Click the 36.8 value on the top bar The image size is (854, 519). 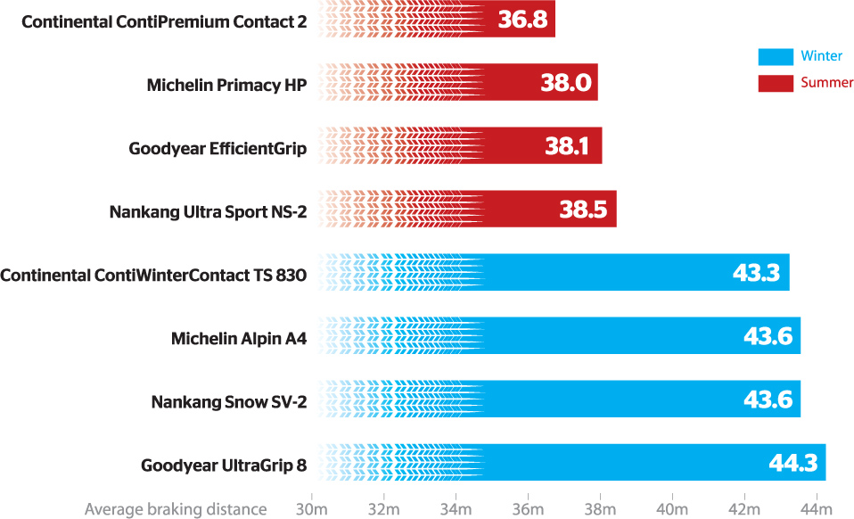tap(522, 20)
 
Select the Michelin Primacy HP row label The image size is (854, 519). tap(226, 85)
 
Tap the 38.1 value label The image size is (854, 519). tap(567, 147)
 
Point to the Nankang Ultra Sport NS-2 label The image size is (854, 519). tap(208, 211)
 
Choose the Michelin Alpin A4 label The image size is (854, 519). tap(239, 338)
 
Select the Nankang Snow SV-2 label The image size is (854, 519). tap(229, 401)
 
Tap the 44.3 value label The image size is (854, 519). tap(793, 463)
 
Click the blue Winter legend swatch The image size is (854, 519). tap(775, 57)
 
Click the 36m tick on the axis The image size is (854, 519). tap(528, 509)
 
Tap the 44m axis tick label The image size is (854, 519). tap(815, 509)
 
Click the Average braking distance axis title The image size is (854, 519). tap(176, 509)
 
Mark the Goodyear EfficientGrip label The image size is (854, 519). tap(218, 148)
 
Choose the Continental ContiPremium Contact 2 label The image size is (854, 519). tap(164, 21)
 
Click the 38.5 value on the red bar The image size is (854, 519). tap(583, 210)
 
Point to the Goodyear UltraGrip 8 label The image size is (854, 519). tap(224, 465)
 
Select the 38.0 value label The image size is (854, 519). tap(566, 84)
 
